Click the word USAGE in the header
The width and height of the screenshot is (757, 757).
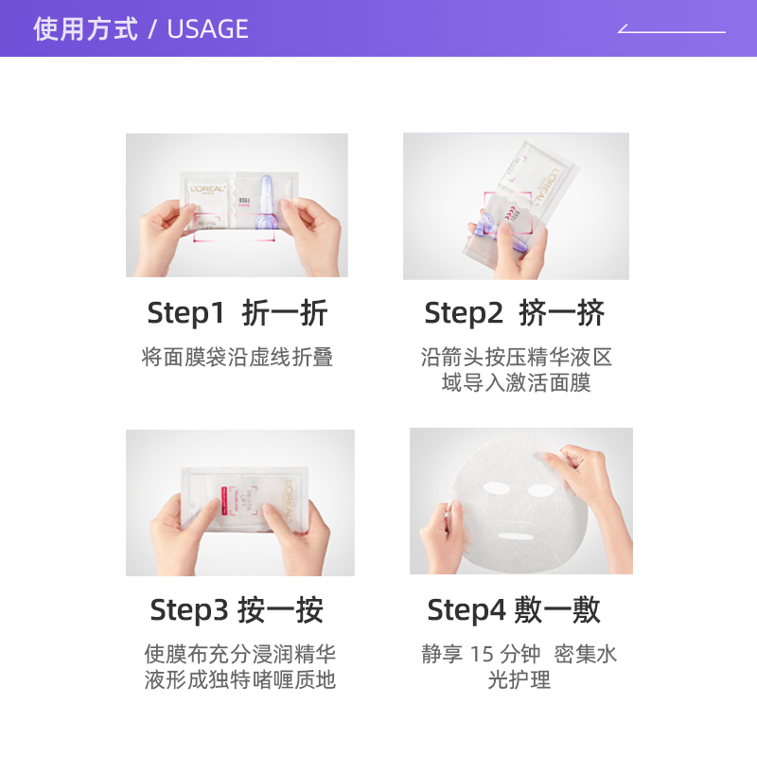click(207, 29)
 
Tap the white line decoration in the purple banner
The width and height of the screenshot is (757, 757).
click(671, 30)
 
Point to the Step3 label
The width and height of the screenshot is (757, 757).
click(189, 610)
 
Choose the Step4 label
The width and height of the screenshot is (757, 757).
click(467, 610)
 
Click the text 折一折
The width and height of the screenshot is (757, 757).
click(285, 313)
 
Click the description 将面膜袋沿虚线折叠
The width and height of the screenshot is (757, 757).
click(237, 358)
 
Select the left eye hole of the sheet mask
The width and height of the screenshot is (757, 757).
click(498, 491)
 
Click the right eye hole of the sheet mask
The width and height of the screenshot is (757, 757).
click(540, 492)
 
